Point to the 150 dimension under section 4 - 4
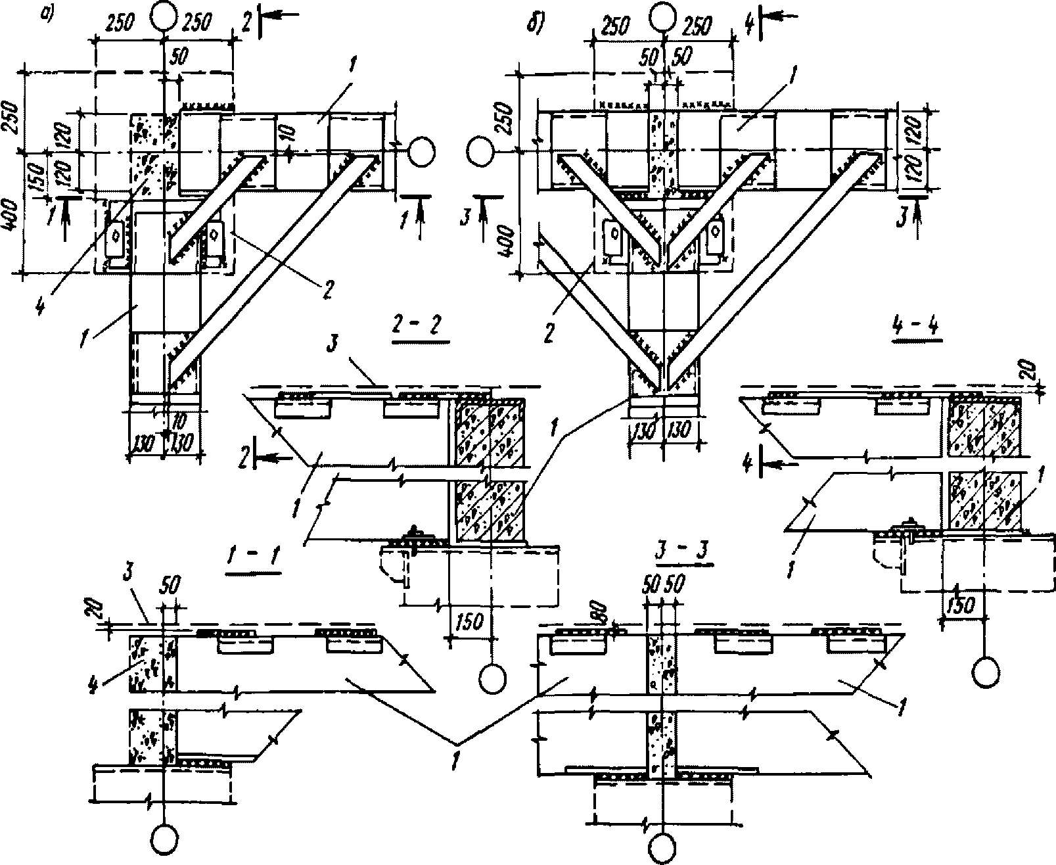pos(963,603)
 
